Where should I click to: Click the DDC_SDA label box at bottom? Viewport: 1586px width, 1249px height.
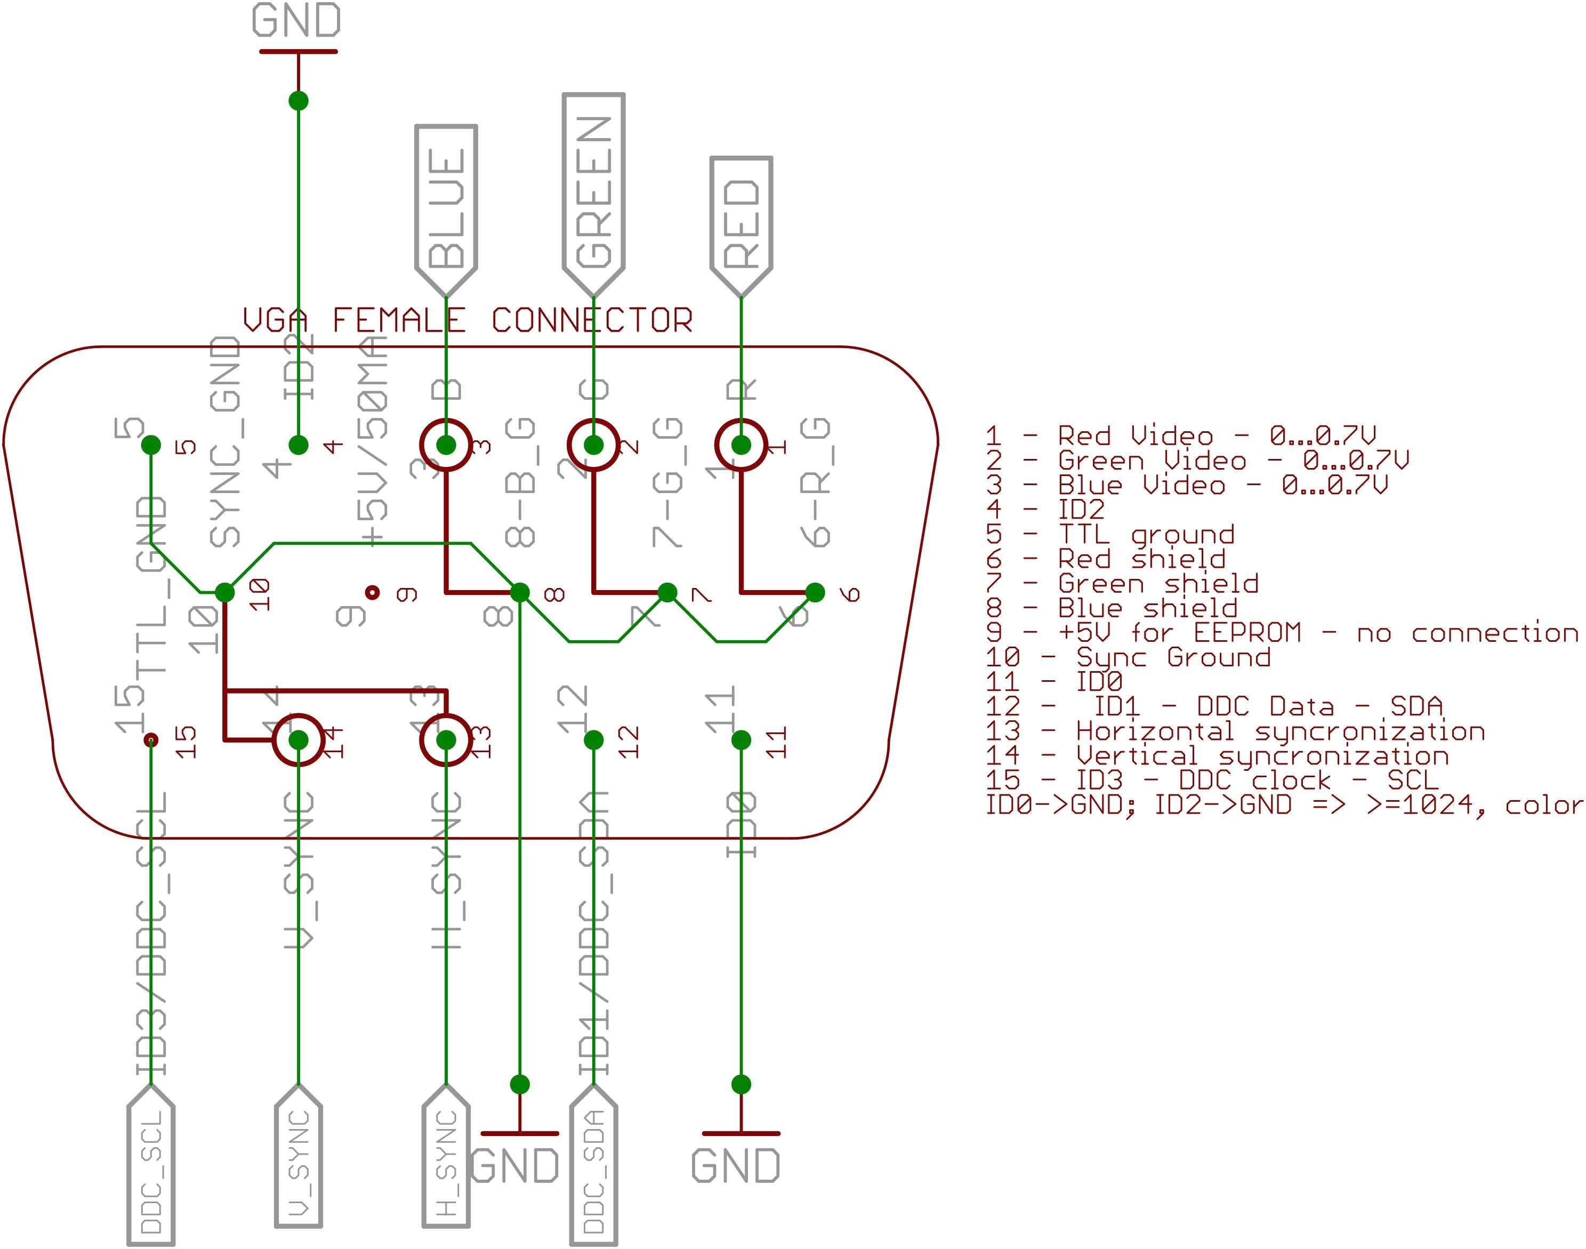[593, 1166]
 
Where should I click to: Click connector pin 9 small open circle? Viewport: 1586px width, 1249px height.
[372, 592]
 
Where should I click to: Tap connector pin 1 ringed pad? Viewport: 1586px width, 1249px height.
[740, 445]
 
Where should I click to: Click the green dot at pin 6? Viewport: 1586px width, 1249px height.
[815, 592]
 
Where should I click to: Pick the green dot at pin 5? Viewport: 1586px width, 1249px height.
[151, 445]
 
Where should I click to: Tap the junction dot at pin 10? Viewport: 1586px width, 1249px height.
[224, 592]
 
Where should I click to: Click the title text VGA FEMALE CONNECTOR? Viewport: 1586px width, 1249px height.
[468, 320]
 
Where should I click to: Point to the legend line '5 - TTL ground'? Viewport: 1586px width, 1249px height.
[1110, 535]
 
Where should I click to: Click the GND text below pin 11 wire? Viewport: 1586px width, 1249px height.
[736, 1166]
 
